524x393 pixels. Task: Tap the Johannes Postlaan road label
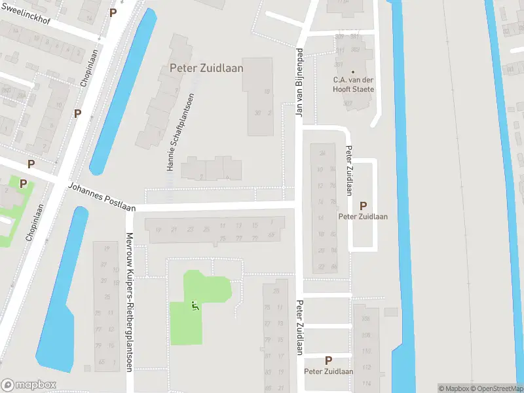tap(102, 197)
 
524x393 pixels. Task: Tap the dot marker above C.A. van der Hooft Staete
tap(353, 71)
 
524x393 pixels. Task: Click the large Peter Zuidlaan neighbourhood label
tap(206, 67)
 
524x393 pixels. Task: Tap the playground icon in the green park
tap(195, 305)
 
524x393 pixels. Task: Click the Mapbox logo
tap(29, 384)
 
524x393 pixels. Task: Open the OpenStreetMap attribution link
tap(496, 388)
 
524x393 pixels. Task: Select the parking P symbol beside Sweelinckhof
tap(113, 12)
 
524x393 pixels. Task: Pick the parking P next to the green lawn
tap(24, 184)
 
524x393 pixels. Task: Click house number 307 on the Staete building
tap(348, 103)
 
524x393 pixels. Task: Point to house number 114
tap(365, 383)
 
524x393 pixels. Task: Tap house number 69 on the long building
tap(272, 238)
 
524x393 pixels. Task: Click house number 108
tap(365, 335)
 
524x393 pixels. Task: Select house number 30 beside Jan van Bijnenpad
tap(257, 113)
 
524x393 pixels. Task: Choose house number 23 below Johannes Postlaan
tap(190, 229)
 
